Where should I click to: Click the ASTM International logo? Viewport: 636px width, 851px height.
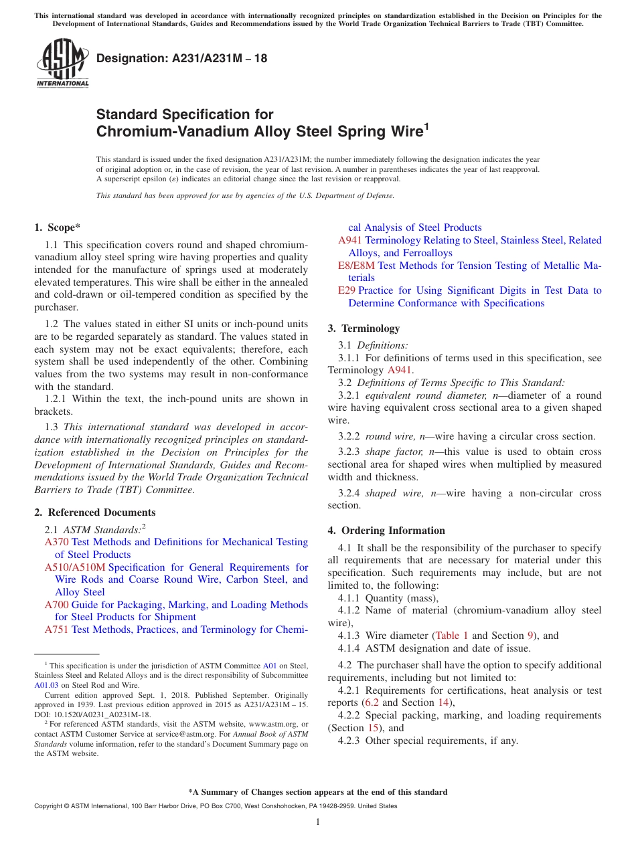62,64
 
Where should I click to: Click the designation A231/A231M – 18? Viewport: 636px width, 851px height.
182,58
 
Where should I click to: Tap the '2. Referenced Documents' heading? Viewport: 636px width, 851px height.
95,512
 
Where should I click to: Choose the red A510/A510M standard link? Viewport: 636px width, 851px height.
75,567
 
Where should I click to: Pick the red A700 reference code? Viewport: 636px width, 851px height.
56,605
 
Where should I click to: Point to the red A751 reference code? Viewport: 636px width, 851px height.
56,630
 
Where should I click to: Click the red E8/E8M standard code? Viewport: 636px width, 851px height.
356,266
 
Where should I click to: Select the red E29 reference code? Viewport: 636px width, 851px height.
347,290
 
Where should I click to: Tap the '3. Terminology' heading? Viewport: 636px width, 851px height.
364,328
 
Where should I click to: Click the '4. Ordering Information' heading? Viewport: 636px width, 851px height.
386,531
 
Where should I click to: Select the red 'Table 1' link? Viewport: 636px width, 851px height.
452,636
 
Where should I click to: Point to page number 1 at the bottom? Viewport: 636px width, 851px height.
318,822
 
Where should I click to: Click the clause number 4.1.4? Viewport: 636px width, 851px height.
349,648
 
